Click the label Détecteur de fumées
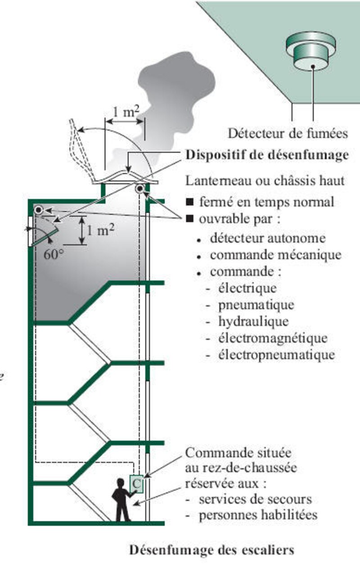[x=288, y=133]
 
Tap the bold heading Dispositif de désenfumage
[x=267, y=155]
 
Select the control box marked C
[x=136, y=484]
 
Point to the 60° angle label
[x=54, y=253]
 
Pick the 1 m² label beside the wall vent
[x=100, y=230]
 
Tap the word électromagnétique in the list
[x=273, y=338]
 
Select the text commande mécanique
[x=275, y=255]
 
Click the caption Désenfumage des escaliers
[x=211, y=550]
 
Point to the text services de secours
[x=255, y=499]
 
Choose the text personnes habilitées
[x=258, y=514]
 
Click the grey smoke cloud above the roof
[x=166, y=99]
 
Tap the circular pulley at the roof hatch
[x=140, y=189]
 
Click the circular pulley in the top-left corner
[x=39, y=210]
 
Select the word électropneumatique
[x=276, y=354]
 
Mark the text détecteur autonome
[x=267, y=238]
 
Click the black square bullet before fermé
[x=190, y=202]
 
